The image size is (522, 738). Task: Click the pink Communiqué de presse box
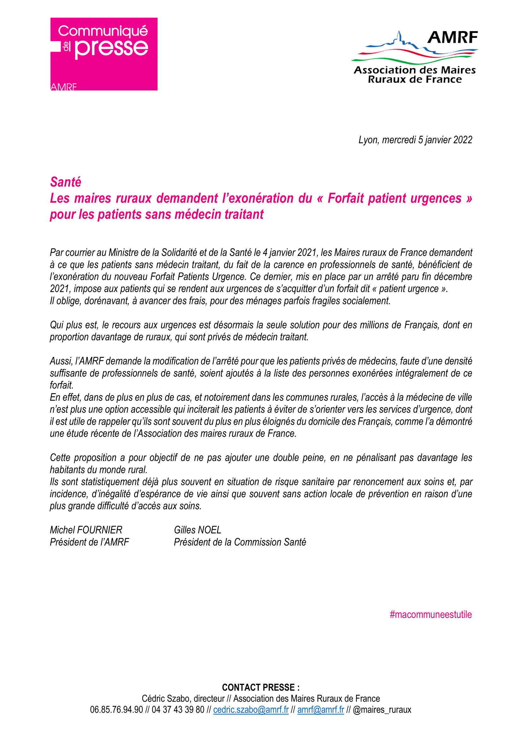coord(104,54)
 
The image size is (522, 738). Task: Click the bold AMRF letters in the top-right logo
coord(452,38)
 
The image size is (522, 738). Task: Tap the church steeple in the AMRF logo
coord(399,37)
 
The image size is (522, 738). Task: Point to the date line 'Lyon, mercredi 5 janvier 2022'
coord(415,140)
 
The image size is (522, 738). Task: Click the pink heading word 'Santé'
coord(66,182)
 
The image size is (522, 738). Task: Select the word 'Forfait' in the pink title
coord(346,198)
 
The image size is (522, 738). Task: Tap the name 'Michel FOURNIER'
coord(86,530)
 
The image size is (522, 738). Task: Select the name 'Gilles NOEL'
coord(197,530)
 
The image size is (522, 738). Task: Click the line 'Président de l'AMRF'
coord(89,542)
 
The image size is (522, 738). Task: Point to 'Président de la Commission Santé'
coord(240,542)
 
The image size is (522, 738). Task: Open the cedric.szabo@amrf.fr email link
coord(251,709)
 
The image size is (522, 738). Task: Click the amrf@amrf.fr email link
coord(320,709)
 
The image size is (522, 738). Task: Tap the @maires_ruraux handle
coord(382,709)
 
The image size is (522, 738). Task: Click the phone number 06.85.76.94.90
coord(116,709)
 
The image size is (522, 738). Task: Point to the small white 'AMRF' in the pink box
coord(64,87)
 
